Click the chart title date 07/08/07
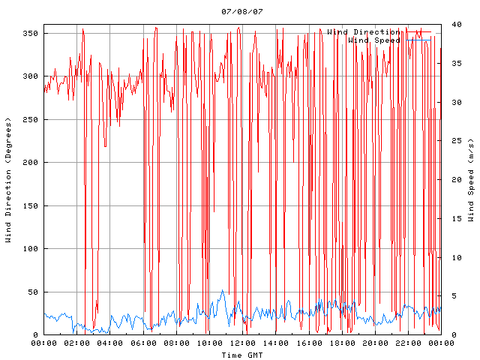[x=242, y=12]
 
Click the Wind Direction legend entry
[x=363, y=32]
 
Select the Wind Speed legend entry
[x=374, y=40]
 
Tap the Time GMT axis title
[x=242, y=355]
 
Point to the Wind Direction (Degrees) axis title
[x=8, y=180]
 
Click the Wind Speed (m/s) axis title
[x=471, y=180]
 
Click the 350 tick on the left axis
[x=30, y=34]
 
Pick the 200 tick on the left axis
[x=30, y=163]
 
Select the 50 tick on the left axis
[x=32, y=292]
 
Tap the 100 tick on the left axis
[x=30, y=249]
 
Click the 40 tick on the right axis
[x=451, y=25]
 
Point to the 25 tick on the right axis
[x=451, y=141]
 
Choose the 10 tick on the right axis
[x=451, y=257]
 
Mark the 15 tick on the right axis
[x=451, y=219]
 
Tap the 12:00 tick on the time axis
[x=242, y=343]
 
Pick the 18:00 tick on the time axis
[x=342, y=343]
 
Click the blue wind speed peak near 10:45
[x=222, y=290]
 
